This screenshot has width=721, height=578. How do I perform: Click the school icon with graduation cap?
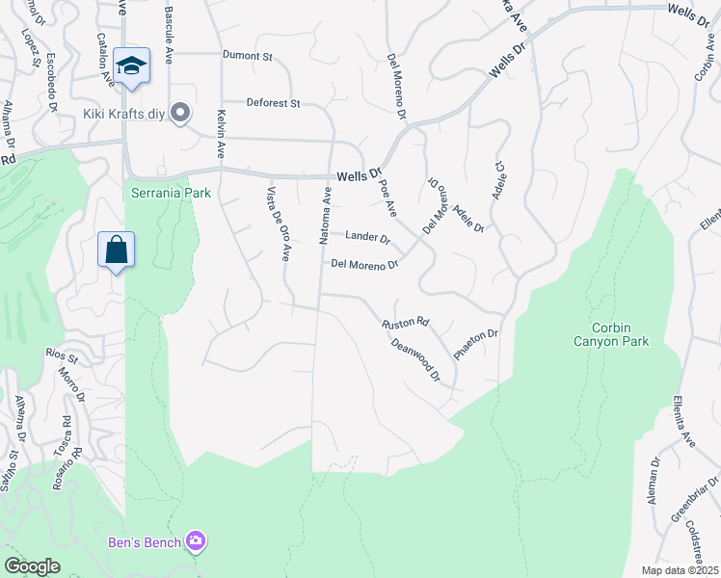(x=131, y=66)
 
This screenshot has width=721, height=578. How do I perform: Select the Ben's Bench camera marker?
(x=197, y=542)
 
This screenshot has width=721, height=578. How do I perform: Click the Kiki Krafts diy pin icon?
(x=179, y=114)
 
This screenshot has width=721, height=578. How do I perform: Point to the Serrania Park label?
(x=171, y=193)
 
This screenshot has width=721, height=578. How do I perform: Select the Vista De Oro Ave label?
(x=278, y=223)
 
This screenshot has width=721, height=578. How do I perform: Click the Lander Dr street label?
(x=366, y=237)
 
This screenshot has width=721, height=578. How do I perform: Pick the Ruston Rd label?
(x=405, y=326)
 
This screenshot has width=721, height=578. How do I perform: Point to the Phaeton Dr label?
(x=475, y=344)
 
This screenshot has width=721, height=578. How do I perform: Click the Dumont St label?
(x=247, y=57)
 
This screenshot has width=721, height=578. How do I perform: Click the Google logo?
(x=32, y=566)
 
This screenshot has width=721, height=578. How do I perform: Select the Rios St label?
(x=62, y=355)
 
